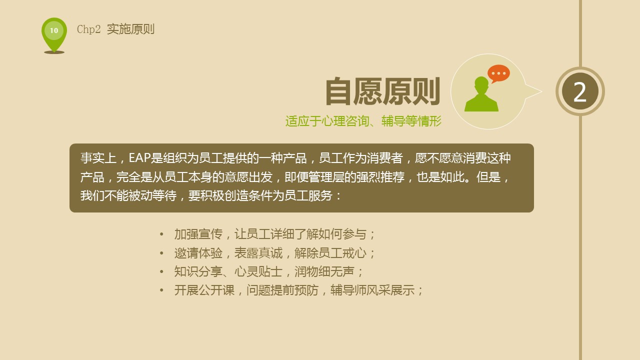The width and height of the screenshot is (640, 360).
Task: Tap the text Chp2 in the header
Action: click(89, 29)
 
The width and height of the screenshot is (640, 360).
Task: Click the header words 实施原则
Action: click(130, 29)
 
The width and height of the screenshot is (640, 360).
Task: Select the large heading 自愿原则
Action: click(382, 92)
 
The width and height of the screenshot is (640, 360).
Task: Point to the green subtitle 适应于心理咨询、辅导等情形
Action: click(363, 121)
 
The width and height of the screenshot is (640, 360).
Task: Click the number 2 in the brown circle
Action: click(580, 92)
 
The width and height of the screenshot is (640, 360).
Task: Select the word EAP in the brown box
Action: click(139, 158)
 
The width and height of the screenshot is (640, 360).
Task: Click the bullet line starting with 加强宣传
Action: click(274, 234)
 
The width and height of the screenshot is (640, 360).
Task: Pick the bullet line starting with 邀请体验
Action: click(274, 253)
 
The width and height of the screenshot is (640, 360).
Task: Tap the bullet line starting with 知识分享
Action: click(268, 272)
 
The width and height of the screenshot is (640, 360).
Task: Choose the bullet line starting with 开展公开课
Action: click(298, 290)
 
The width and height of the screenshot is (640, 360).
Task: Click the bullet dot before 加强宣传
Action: click(161, 234)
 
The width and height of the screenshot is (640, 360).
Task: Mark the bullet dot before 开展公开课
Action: click(161, 290)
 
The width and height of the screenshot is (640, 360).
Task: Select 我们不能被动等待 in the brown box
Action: click(128, 196)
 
